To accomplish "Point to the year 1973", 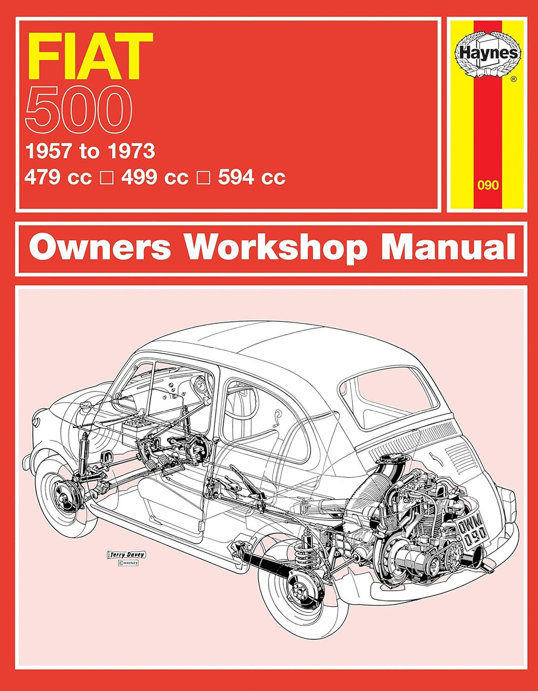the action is [x=131, y=151].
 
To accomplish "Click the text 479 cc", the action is [x=58, y=178].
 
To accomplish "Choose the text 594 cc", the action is [x=251, y=178].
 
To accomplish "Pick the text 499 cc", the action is [x=154, y=178].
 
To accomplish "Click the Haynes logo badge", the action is [x=487, y=54].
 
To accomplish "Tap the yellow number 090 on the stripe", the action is [x=488, y=185].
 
